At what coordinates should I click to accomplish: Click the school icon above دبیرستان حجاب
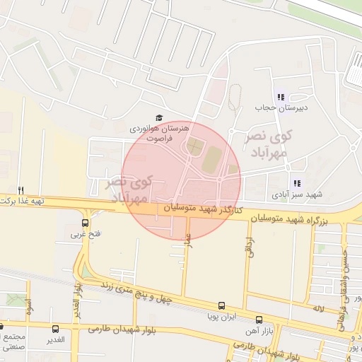(281, 97)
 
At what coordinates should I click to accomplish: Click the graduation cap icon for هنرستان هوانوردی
(160, 118)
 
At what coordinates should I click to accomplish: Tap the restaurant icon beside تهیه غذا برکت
(21, 190)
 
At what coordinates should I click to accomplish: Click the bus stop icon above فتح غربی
(86, 223)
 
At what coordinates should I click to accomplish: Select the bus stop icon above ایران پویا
(221, 306)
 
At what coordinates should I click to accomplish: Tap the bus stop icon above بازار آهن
(259, 320)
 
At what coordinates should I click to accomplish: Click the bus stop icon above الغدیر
(56, 329)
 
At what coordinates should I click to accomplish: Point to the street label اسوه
(29, 307)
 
